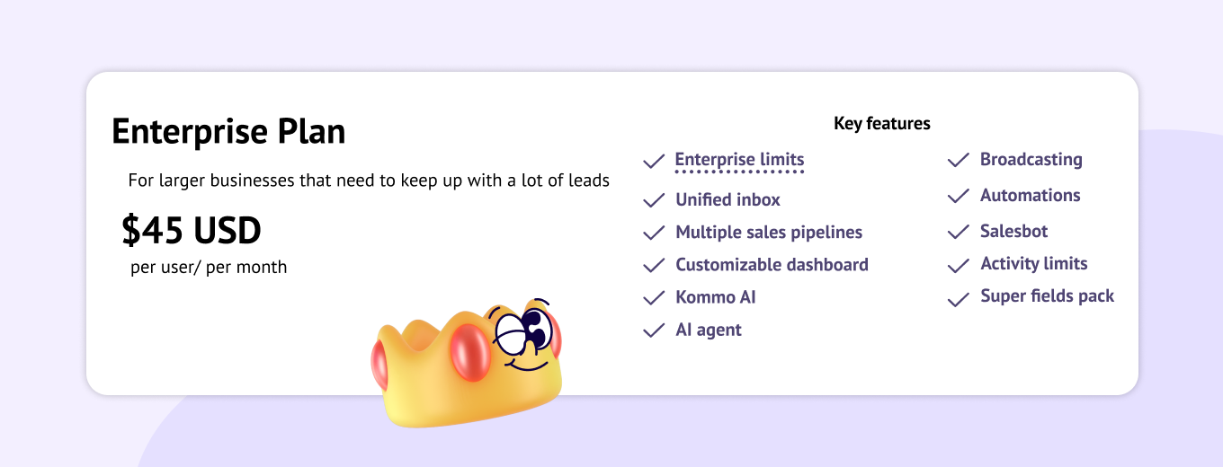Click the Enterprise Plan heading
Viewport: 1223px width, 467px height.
[228, 131]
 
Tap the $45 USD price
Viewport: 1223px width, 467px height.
[191, 230]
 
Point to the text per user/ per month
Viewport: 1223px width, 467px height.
[209, 268]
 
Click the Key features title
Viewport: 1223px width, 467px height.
[882, 124]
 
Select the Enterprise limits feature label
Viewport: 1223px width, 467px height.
[739, 159]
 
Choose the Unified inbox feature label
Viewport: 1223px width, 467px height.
[728, 199]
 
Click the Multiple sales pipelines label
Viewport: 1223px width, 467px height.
[769, 233]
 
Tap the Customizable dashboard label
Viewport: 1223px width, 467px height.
[772, 265]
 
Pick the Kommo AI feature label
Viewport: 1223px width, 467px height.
[716, 297]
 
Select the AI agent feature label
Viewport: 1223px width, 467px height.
[709, 330]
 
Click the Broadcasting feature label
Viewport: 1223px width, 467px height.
[1031, 159]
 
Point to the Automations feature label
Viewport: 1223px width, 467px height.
[1031, 195]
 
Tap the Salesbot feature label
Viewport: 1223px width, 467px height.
[1013, 232]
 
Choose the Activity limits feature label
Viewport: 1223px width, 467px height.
[1034, 263]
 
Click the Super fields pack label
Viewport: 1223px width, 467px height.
[1047, 296]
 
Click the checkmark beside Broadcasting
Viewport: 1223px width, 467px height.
[959, 161]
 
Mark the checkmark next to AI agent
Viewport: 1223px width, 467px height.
[654, 330]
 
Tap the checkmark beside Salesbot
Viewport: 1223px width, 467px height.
[959, 233]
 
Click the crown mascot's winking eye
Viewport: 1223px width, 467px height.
[511, 334]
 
